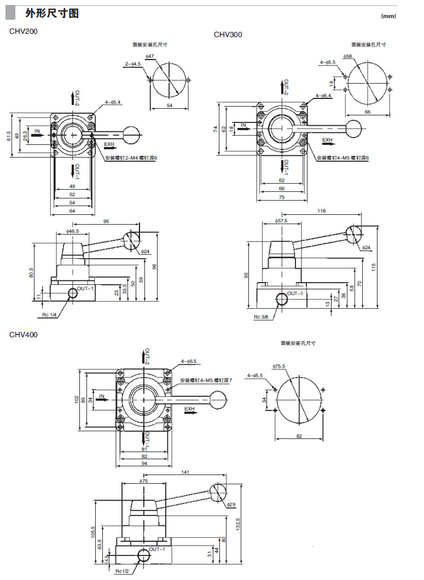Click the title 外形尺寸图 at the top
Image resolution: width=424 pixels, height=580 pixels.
click(x=51, y=13)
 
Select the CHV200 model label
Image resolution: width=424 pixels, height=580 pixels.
click(x=24, y=31)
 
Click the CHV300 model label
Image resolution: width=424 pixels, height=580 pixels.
click(x=228, y=35)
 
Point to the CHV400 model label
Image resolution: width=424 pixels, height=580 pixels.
click(x=24, y=335)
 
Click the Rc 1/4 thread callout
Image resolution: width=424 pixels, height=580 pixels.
click(x=50, y=315)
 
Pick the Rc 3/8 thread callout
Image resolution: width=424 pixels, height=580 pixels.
click(x=260, y=317)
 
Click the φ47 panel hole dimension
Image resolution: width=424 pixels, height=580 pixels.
click(x=150, y=56)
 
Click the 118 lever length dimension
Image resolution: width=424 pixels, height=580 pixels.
click(x=322, y=210)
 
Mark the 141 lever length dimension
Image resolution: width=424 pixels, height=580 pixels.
click(x=185, y=472)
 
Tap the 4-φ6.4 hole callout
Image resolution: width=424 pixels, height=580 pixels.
click(x=324, y=96)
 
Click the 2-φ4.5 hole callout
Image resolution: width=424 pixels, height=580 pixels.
click(x=132, y=64)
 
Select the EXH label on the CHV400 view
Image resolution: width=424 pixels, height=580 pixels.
click(x=189, y=408)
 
